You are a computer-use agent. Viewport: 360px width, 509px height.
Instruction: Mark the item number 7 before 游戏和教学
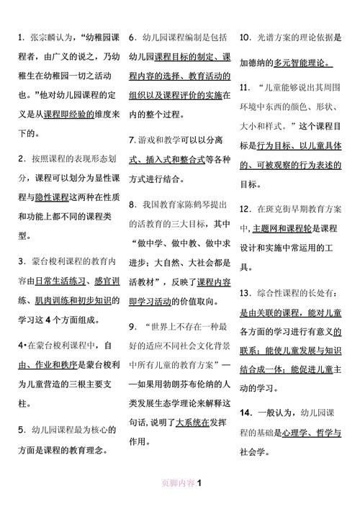pyautogui.click(x=132, y=139)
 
